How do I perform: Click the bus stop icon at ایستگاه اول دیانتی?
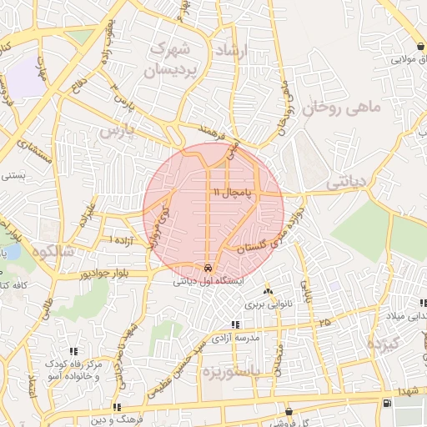[x=207, y=268]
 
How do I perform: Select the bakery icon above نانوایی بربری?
[x=268, y=291]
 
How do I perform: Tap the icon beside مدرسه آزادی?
[x=235, y=324]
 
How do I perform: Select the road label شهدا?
[x=408, y=390]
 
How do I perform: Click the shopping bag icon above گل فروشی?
[x=289, y=411]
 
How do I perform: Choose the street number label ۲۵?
[x=323, y=321]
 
